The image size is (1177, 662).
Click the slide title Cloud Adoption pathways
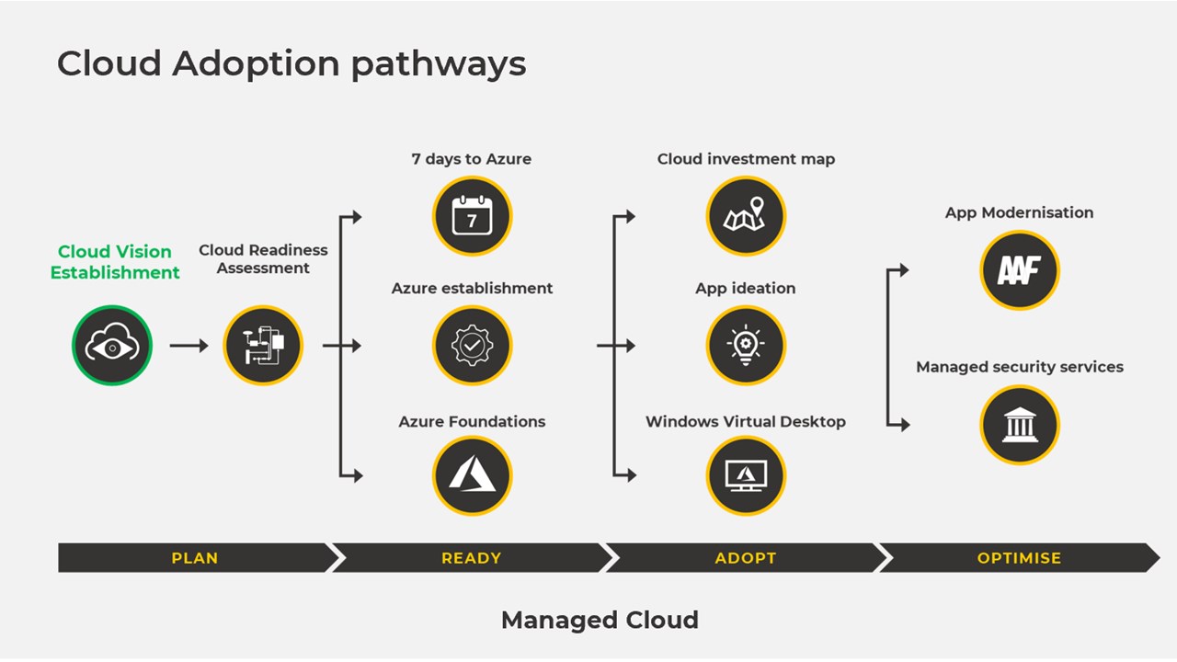(x=291, y=64)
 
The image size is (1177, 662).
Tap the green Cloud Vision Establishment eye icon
(x=112, y=346)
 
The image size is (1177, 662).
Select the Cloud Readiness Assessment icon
(x=263, y=346)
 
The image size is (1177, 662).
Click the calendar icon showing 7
(x=472, y=217)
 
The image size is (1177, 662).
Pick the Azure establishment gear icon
(x=472, y=346)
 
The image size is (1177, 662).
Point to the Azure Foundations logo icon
(x=472, y=475)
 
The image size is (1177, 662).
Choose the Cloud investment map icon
(x=746, y=217)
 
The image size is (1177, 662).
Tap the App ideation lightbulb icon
(x=746, y=346)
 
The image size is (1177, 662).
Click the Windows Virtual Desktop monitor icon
(x=746, y=475)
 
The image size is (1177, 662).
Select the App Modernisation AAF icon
(x=1019, y=270)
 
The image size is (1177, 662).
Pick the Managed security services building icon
(x=1019, y=425)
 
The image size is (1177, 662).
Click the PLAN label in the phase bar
(x=195, y=558)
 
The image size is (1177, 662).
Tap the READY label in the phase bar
(x=472, y=558)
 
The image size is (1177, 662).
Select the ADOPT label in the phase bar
(x=746, y=558)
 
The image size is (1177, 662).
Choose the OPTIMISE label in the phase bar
(x=1019, y=558)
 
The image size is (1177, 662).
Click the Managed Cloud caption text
(x=600, y=620)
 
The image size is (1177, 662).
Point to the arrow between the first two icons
(x=189, y=346)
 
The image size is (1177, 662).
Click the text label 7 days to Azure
(x=472, y=159)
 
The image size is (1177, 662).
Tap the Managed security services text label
(x=1019, y=367)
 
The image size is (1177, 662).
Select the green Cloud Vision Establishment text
(x=115, y=262)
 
